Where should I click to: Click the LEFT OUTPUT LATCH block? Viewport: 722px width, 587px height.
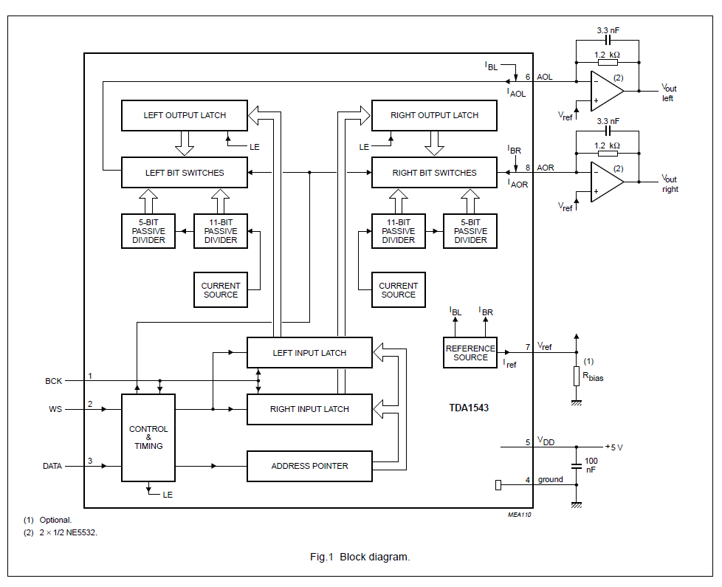(184, 115)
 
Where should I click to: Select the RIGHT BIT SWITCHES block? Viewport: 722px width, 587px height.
(434, 173)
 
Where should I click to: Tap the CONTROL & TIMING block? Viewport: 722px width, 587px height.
(148, 437)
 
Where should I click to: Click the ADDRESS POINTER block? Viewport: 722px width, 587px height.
(309, 466)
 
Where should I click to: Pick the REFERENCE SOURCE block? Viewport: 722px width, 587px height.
(470, 353)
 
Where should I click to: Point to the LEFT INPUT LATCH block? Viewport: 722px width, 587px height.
(309, 353)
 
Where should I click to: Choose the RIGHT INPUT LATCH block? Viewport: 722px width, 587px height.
(309, 409)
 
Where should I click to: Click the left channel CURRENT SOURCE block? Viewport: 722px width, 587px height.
(221, 289)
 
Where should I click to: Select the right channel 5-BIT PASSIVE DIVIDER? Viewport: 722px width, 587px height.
(470, 231)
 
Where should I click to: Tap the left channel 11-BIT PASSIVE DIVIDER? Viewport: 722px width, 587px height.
(221, 231)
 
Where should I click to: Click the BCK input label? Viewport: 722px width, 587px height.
(53, 381)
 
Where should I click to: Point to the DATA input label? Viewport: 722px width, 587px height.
(52, 466)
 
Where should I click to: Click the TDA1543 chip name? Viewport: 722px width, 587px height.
(469, 408)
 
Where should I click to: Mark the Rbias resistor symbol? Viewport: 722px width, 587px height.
(577, 376)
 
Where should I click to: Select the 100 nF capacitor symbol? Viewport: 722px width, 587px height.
(577, 466)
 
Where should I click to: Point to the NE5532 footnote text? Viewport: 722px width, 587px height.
(68, 532)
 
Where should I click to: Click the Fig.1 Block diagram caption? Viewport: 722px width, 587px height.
(360, 557)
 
